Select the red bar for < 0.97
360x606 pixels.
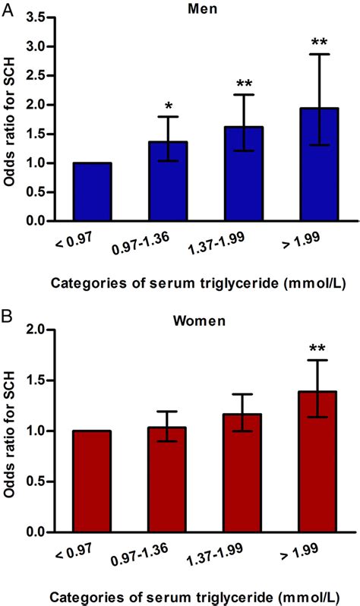pyautogui.click(x=92, y=481)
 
